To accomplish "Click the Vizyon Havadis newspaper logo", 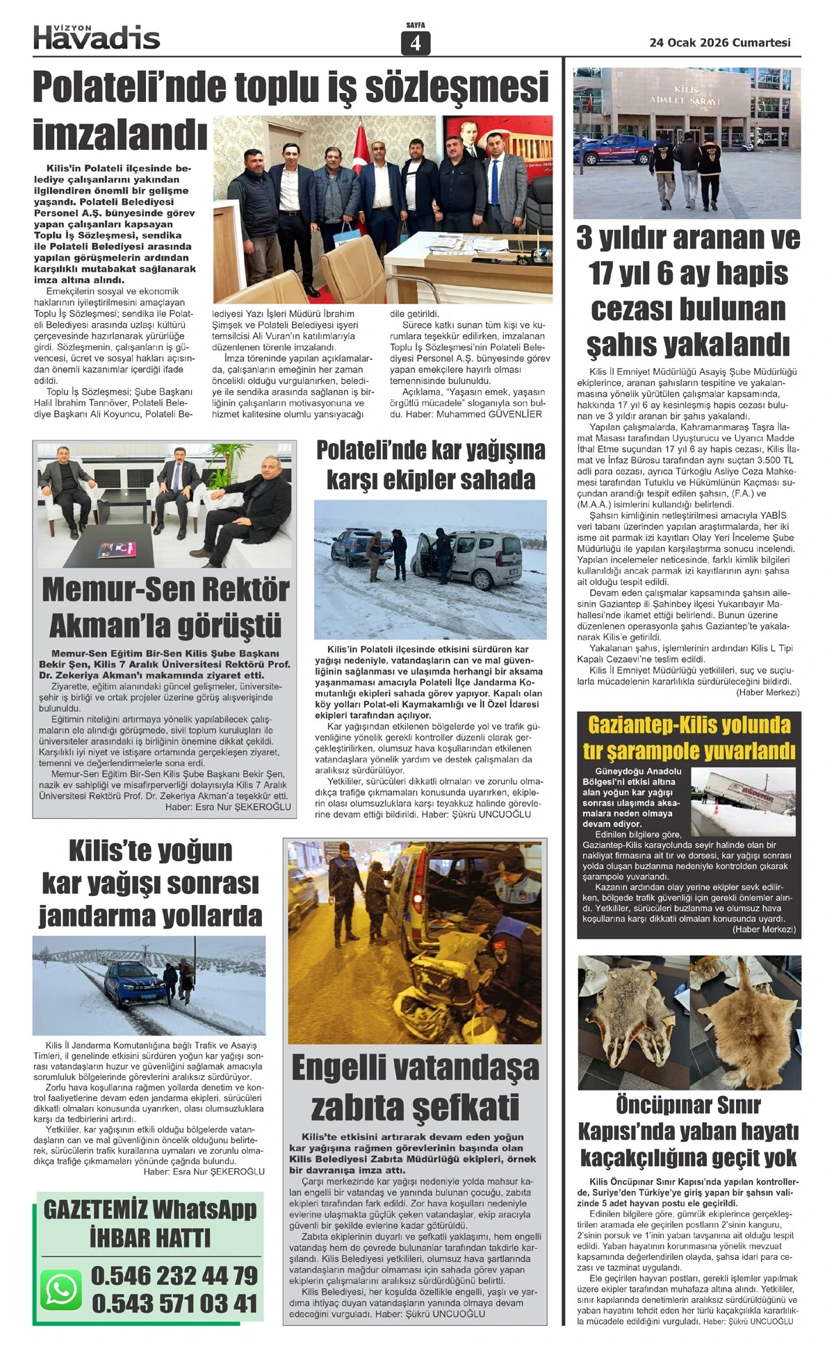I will coord(97,37).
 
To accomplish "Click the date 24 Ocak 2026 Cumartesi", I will coord(719,42).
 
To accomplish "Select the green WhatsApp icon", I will coord(61,1290).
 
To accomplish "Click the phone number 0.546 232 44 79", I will coord(174,1275).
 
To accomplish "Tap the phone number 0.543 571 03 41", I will coord(174,1303).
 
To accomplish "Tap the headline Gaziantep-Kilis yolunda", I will coord(689,725).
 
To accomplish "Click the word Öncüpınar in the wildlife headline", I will coord(653,1104).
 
